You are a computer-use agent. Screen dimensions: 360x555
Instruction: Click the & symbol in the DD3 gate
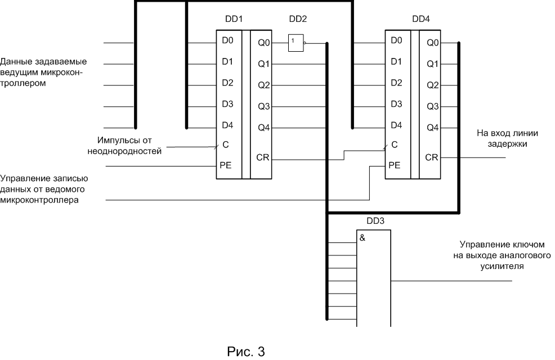[x=362, y=237]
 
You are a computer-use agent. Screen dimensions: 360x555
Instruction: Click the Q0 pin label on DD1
[x=264, y=42]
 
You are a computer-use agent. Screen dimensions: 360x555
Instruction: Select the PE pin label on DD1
[x=227, y=166]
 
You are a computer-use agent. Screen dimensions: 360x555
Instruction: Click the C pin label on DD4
[x=394, y=145]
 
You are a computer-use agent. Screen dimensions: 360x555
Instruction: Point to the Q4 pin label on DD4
[x=432, y=128]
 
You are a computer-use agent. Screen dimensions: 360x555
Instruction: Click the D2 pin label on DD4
[x=396, y=83]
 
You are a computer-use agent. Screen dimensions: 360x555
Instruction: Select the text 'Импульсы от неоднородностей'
[x=123, y=145]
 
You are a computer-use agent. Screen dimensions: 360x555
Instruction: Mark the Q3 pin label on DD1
[x=264, y=107]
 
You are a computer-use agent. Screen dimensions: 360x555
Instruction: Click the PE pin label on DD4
[x=396, y=166]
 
